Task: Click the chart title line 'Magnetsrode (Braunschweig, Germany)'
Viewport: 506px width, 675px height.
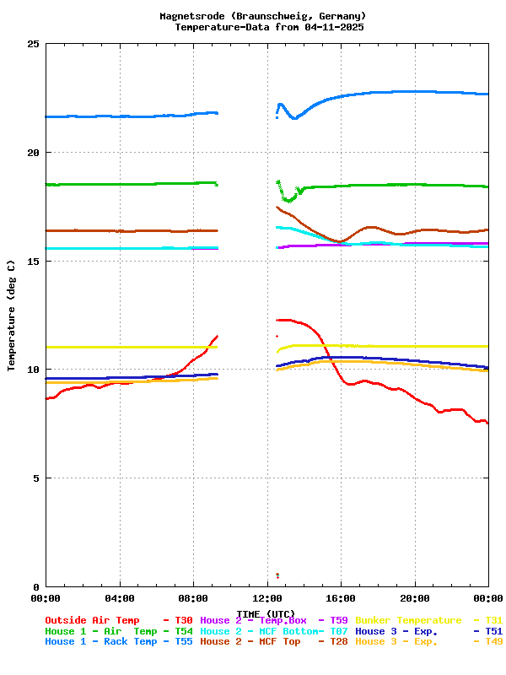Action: point(263,16)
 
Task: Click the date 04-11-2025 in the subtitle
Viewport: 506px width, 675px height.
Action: point(334,27)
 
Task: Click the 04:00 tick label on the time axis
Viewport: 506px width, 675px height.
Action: point(120,598)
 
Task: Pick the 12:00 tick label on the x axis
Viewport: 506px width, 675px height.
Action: point(266,598)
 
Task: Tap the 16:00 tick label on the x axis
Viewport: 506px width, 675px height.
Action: point(341,598)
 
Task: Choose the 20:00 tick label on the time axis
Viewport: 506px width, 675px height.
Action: point(414,598)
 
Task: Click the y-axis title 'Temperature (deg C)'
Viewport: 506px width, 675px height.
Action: point(12,316)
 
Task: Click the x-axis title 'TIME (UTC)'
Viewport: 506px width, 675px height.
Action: point(266,613)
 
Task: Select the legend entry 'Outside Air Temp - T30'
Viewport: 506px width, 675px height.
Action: point(119,620)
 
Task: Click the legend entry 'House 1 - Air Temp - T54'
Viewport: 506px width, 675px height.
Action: point(119,631)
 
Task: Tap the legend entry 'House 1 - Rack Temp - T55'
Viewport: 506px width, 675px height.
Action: point(119,642)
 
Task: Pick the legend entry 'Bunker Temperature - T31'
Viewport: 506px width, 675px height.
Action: point(428,620)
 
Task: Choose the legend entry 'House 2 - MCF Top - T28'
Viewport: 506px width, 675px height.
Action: point(274,642)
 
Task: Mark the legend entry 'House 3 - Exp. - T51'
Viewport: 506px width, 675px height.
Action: point(428,631)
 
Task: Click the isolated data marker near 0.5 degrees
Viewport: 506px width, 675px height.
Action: point(277,576)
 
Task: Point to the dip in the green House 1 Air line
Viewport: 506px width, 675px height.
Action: point(289,200)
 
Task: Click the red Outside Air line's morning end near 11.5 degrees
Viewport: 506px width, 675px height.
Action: point(217,337)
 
